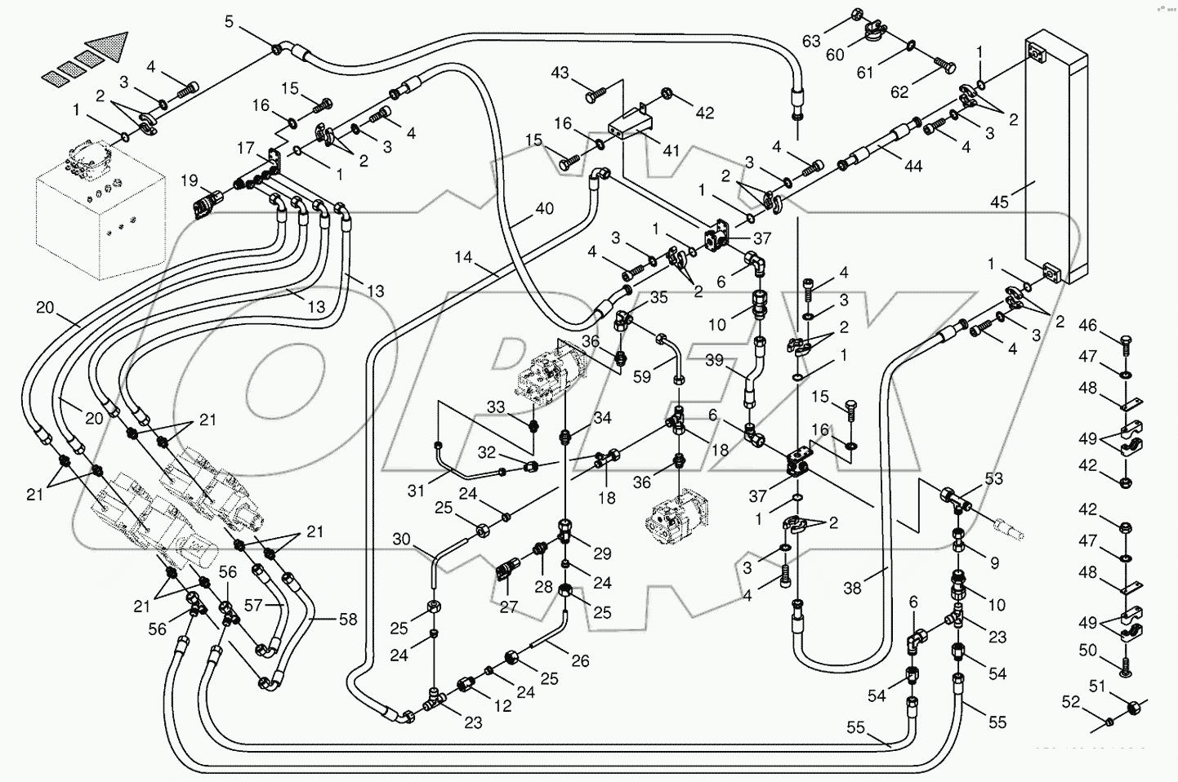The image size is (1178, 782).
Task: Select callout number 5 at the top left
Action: click(x=230, y=21)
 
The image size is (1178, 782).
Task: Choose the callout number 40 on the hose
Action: click(x=544, y=209)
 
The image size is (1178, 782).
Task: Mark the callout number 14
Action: click(x=464, y=257)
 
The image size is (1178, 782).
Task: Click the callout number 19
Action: click(x=189, y=180)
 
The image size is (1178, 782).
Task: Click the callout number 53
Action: click(x=993, y=478)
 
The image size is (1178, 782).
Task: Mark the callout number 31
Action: click(x=417, y=491)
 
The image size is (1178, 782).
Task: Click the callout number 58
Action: click(x=348, y=620)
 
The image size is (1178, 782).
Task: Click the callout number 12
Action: click(x=503, y=705)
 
